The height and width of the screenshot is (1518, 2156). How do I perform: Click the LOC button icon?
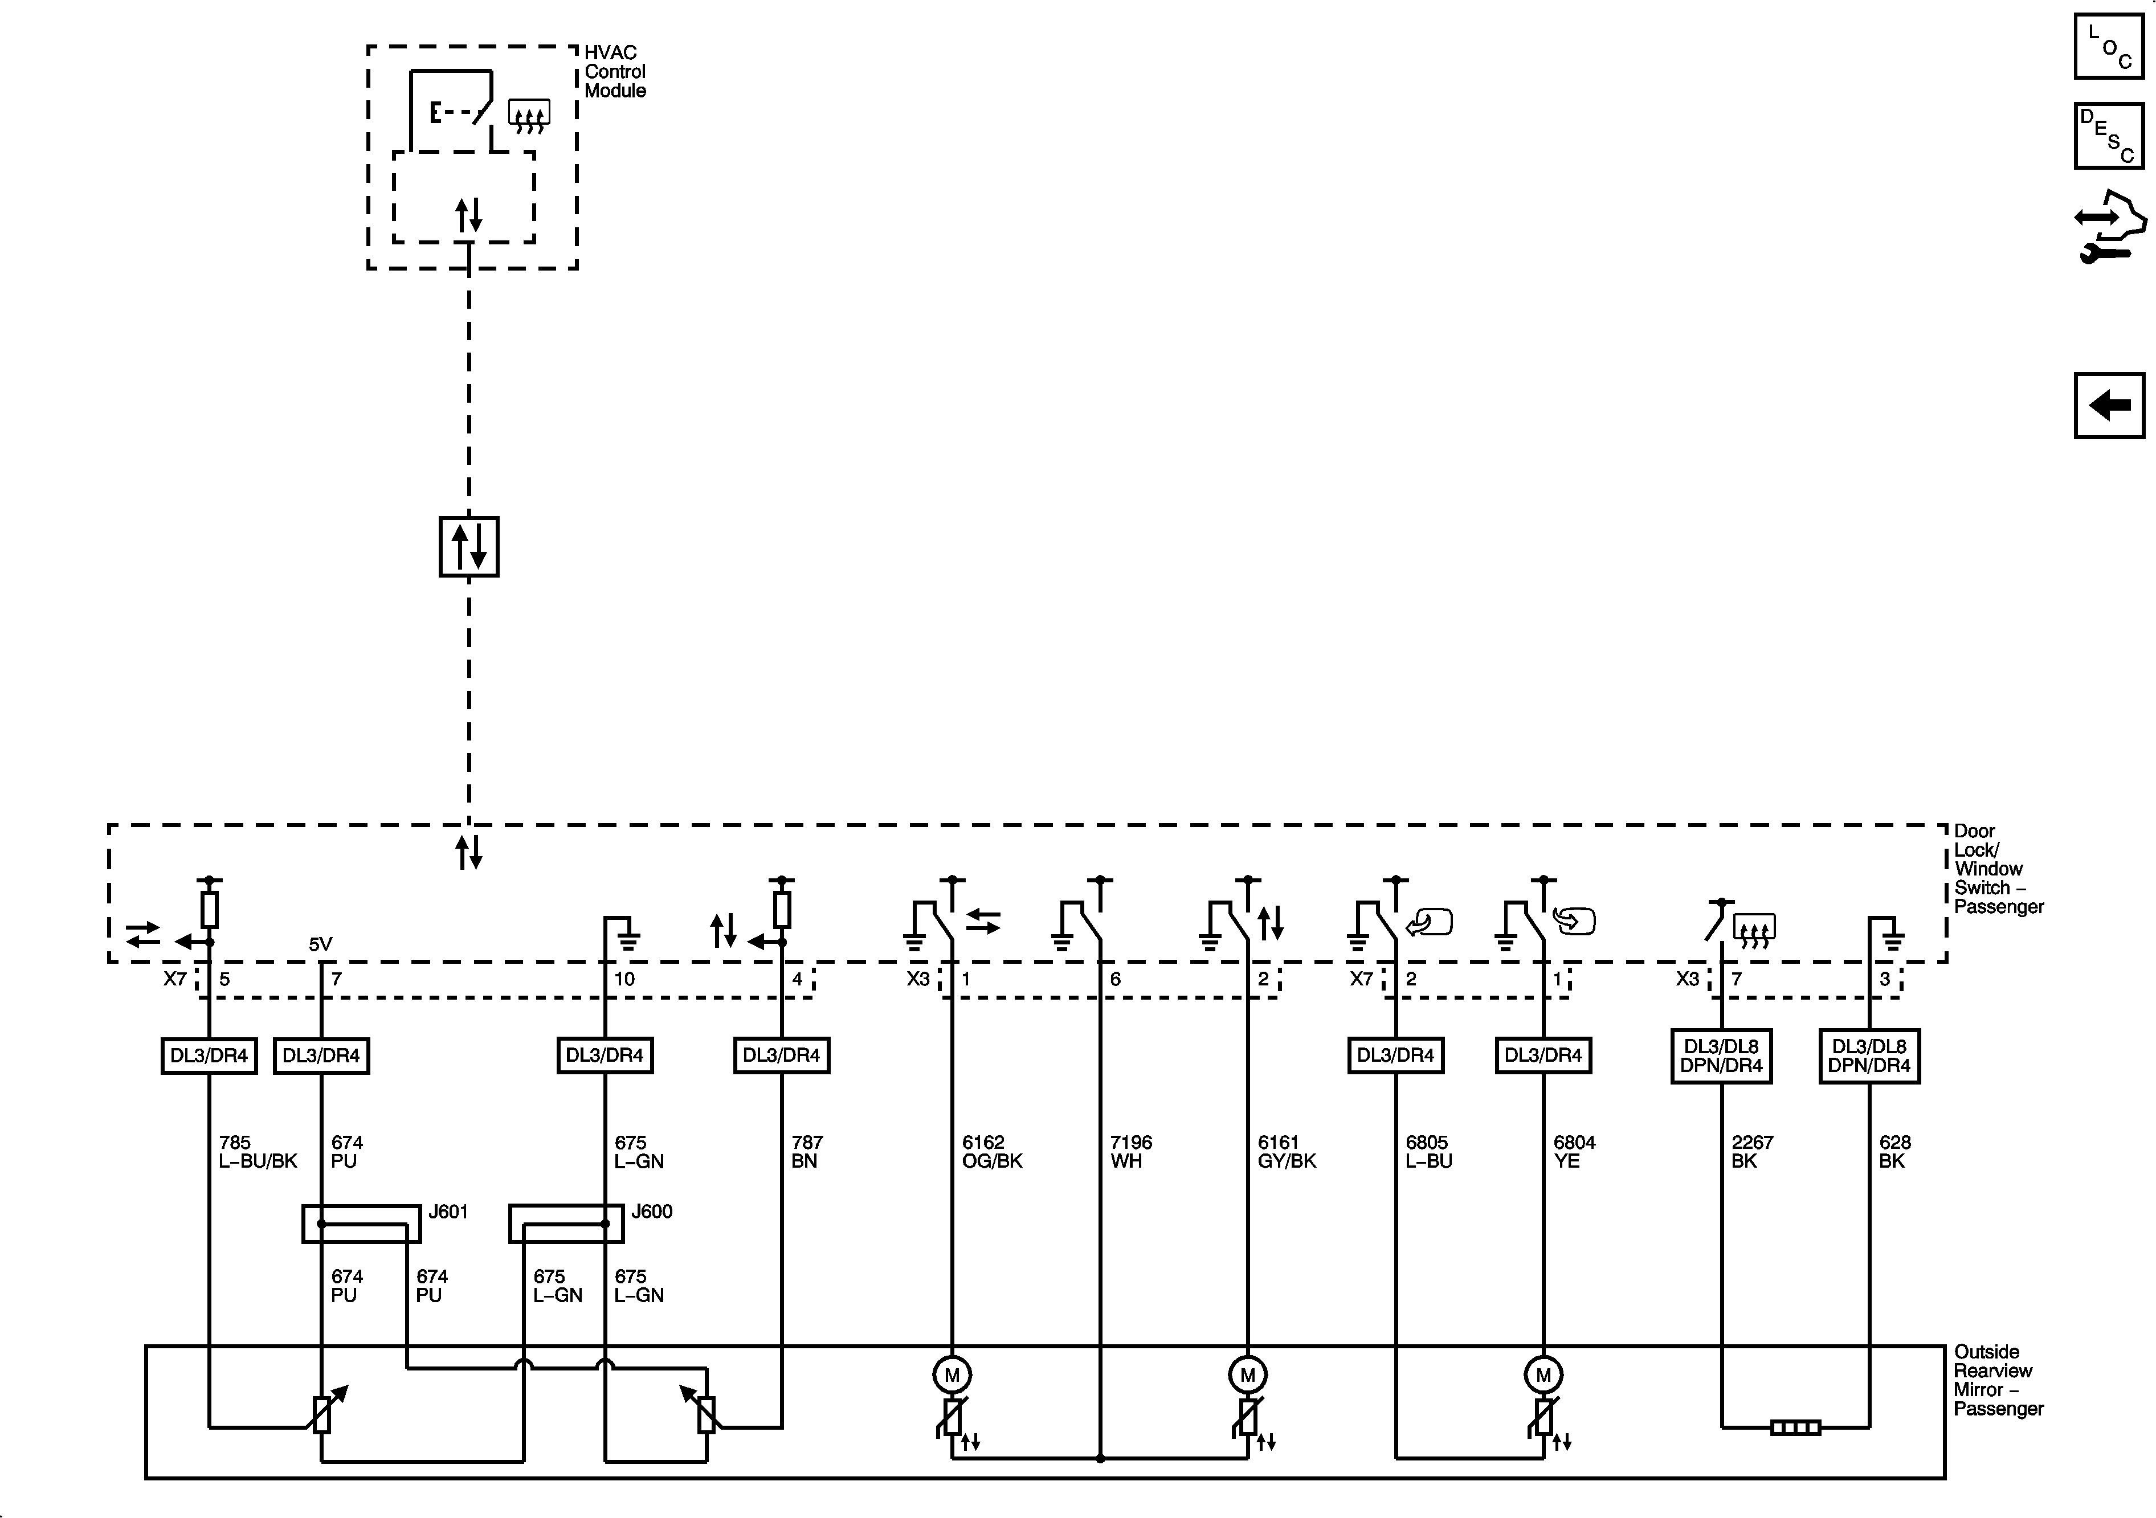click(2108, 46)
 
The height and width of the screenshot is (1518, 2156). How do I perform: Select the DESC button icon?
click(2108, 136)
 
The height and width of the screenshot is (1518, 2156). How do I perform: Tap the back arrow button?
click(2108, 406)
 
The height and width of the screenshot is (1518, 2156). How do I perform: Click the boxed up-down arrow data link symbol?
click(468, 546)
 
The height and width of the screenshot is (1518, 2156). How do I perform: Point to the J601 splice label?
click(448, 1212)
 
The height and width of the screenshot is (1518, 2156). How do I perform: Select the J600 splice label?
click(652, 1212)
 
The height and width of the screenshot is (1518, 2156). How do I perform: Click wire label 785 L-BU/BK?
click(258, 1152)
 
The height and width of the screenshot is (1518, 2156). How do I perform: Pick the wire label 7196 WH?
click(1130, 1152)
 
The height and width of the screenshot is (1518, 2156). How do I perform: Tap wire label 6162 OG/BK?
click(991, 1152)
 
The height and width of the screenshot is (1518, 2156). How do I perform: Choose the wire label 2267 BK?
click(1751, 1152)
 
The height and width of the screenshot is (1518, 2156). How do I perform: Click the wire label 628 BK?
click(1894, 1152)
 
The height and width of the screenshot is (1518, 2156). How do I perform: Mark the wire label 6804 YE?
click(1574, 1152)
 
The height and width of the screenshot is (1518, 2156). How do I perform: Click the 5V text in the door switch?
click(320, 944)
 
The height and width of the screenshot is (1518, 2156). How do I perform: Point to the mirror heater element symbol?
click(1794, 1428)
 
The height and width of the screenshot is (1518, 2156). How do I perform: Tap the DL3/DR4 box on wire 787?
click(781, 1055)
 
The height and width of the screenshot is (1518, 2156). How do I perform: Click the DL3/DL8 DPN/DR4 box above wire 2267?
click(1721, 1056)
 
